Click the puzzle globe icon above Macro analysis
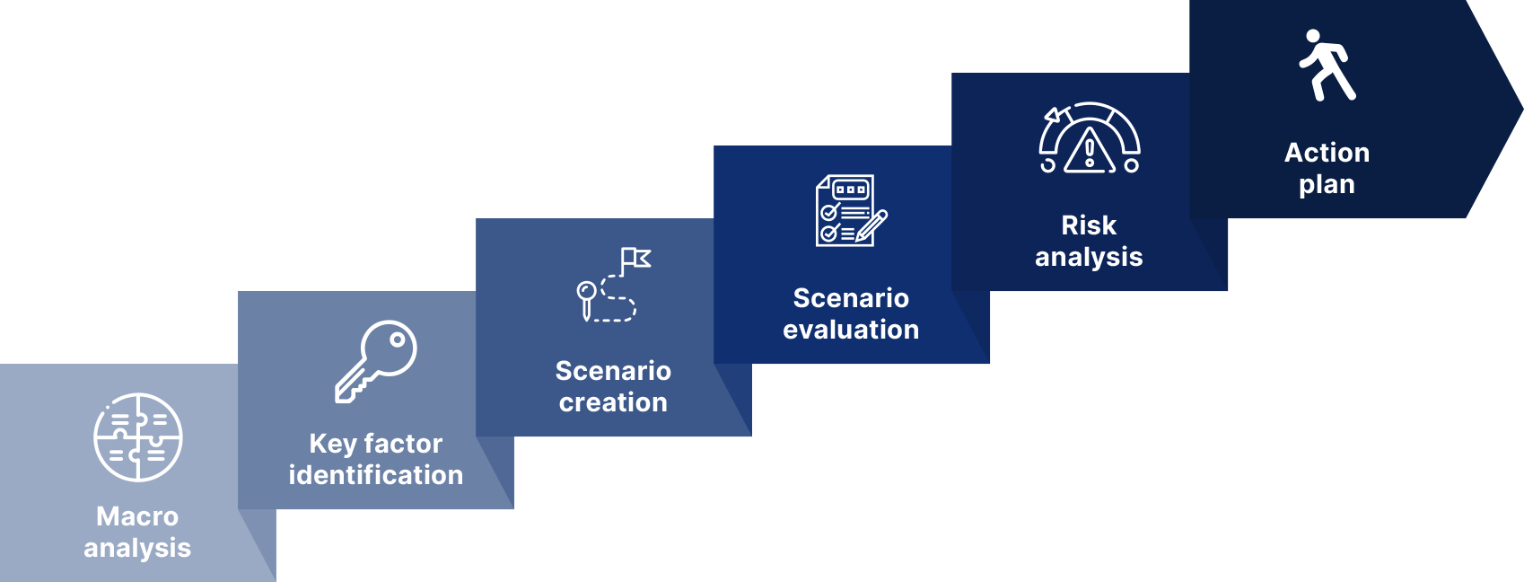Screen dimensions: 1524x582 138,437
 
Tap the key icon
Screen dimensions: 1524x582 375,361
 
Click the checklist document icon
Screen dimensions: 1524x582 851,210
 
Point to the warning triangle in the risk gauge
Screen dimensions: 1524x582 1090,150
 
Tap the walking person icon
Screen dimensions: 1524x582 1327,66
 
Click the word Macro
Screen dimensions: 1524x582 137,516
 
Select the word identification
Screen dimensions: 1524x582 375,475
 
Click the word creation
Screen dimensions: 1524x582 613,402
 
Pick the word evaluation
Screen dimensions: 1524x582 851,330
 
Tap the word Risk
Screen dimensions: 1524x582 1089,225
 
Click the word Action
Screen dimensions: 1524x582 1327,153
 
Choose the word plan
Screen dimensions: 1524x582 1327,185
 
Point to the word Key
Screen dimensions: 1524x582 332,445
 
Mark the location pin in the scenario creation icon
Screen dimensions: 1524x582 586,299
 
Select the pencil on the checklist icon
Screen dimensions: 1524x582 871,226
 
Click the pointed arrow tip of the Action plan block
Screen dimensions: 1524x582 1522,109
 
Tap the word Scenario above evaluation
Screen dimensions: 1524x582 851,298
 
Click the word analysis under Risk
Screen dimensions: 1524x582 1089,257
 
